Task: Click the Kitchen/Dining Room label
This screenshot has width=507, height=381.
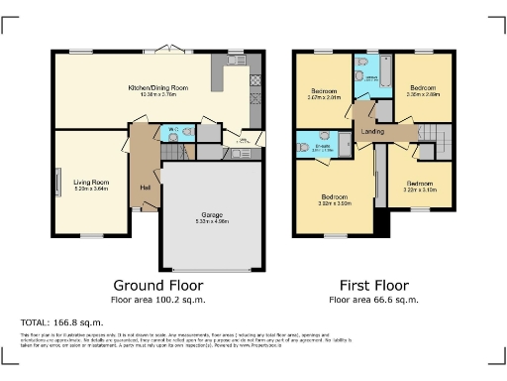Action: point(158,88)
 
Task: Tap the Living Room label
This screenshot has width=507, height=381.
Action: point(89,182)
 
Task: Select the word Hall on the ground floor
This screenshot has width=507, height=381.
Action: point(145,188)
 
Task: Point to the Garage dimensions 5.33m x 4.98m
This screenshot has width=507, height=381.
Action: point(212,220)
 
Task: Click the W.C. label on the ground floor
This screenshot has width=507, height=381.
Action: point(168,128)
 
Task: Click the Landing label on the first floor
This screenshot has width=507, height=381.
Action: point(373,131)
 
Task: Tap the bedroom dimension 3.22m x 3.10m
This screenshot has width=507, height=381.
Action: point(419,190)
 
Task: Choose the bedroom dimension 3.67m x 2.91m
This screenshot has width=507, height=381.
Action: point(323,97)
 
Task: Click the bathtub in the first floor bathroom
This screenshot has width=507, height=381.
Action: point(384,74)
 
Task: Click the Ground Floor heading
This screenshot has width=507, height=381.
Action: point(157,284)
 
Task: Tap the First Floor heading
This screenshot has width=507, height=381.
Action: point(373,284)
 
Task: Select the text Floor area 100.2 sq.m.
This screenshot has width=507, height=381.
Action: point(157,299)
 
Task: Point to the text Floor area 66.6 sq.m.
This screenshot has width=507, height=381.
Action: point(373,299)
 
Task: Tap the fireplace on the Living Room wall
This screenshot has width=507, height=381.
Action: point(57,183)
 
